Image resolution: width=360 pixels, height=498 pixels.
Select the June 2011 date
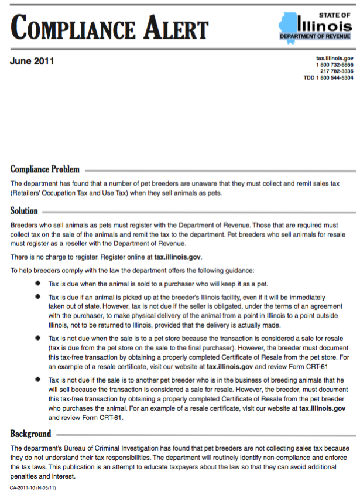(x=32, y=61)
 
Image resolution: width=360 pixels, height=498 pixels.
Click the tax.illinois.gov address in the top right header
(x=335, y=59)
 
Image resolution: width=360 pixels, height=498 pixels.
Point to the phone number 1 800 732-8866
(x=335, y=65)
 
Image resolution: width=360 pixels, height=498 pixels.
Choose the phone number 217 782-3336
(x=337, y=71)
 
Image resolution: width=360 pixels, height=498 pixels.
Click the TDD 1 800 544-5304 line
(x=328, y=78)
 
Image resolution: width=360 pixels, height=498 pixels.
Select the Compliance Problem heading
(x=45, y=169)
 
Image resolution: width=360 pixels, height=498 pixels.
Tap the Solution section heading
(x=24, y=211)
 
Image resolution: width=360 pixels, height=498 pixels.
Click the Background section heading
(x=31, y=434)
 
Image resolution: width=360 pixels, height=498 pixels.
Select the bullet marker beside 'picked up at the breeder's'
(x=38, y=296)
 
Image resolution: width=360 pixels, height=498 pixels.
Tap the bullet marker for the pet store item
(x=38, y=339)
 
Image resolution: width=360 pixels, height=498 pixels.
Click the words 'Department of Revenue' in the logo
(x=316, y=36)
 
